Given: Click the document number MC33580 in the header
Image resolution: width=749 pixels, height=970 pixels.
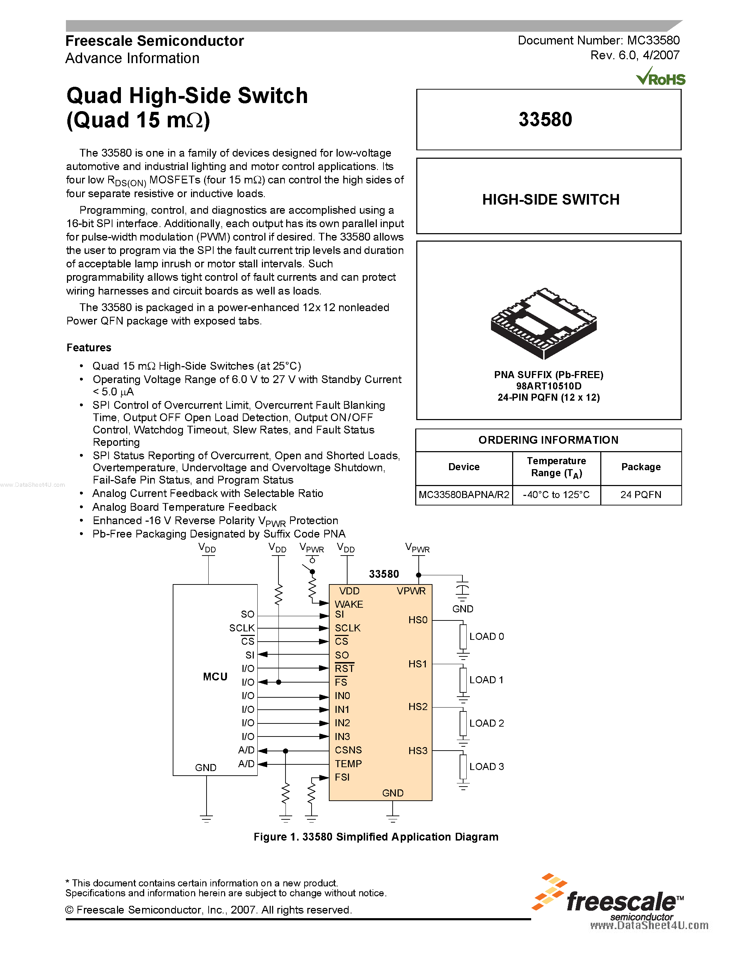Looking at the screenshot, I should coord(653,41).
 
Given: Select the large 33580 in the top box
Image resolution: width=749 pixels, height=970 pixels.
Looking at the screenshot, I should coord(545,120).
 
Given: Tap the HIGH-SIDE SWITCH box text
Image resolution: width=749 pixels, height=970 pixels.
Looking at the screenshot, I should coord(551,199).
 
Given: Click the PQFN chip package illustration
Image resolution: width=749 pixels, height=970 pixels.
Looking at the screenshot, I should coord(544,323).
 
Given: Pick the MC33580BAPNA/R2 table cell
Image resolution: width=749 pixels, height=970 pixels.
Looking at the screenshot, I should coord(464,495).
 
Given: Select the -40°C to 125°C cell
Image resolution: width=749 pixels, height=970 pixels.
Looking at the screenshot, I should coord(556,495).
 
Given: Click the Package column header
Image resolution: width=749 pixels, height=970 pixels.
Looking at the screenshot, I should coord(641,467).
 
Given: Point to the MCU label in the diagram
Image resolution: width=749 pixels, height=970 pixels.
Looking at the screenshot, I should coord(215,677).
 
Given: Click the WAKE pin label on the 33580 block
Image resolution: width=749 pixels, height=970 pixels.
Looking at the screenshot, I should coord(349,604).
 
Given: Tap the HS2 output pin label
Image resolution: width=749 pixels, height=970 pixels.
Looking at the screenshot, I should coord(418,706).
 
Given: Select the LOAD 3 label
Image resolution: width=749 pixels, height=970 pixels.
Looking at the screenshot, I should coord(486,766).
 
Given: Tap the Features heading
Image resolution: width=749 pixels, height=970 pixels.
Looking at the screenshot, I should coord(89,347).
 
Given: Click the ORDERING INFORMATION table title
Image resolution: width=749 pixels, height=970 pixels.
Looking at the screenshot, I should coord(548,440).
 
